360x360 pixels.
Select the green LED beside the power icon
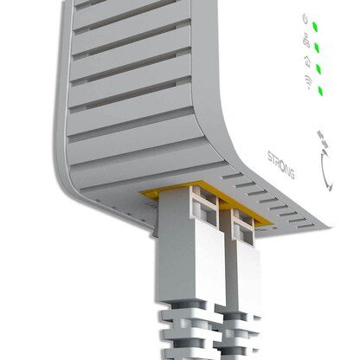point(316,25)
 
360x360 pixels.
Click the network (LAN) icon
point(305,40)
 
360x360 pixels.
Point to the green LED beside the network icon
point(317,47)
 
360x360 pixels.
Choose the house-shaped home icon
point(307,61)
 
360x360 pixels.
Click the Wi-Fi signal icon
point(307,83)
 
